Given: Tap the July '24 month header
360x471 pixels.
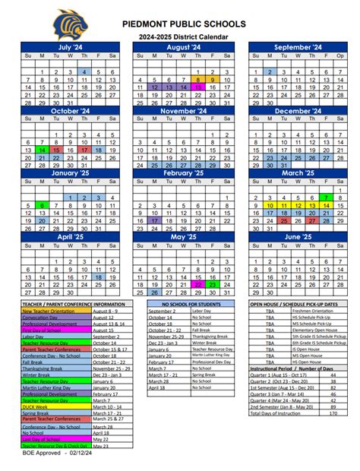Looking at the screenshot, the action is (x=71, y=47).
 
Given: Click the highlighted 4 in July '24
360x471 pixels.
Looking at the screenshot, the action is (x=84, y=71).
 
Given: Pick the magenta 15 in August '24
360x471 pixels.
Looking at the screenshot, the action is (x=197, y=87).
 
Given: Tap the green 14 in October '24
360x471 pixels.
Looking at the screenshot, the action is (x=43, y=150).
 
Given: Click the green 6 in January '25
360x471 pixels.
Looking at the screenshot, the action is (x=43, y=205).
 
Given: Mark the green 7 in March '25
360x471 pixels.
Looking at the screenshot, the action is (x=324, y=198).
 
